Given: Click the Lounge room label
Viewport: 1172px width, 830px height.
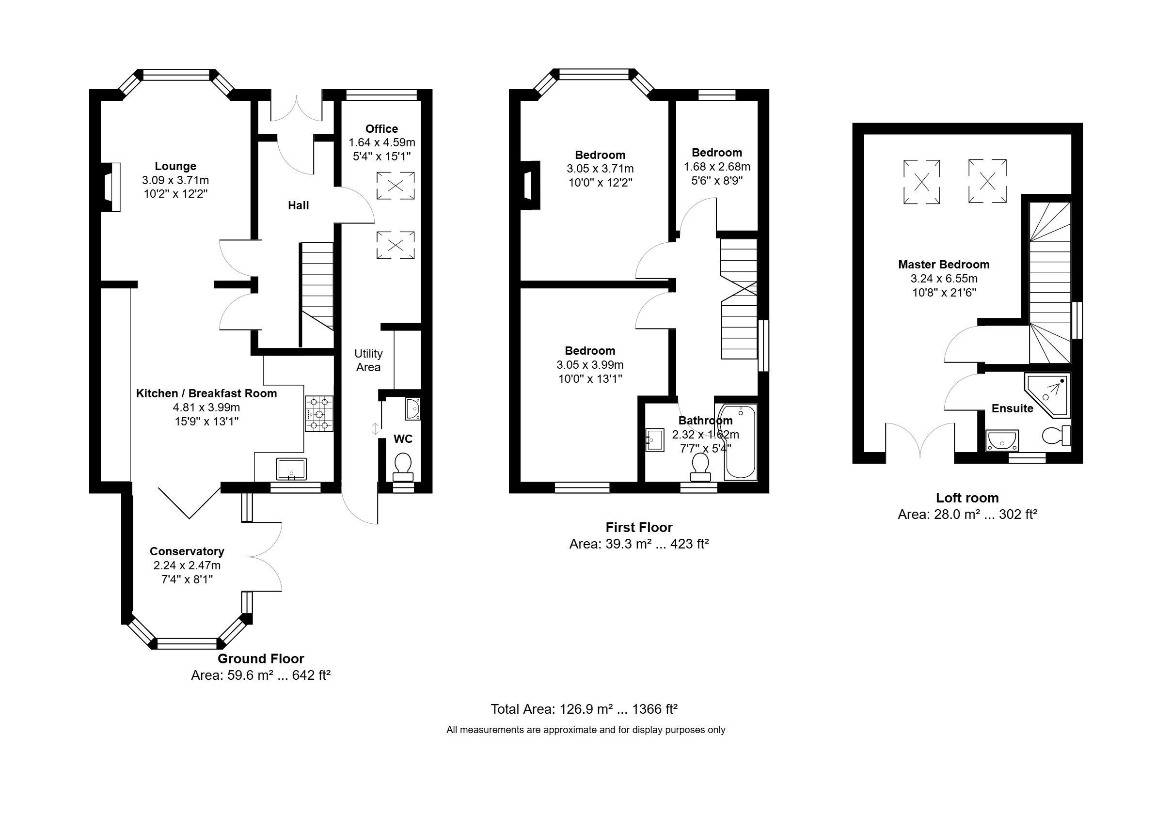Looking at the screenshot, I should pyautogui.click(x=175, y=166).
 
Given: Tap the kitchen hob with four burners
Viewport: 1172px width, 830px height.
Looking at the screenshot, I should pyautogui.click(x=319, y=414).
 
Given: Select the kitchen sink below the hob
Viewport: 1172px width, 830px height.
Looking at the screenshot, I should pyautogui.click(x=291, y=469).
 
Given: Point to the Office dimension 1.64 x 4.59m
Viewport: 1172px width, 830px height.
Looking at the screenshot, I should pyautogui.click(x=382, y=142).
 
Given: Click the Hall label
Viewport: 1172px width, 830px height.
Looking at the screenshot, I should pyautogui.click(x=298, y=205).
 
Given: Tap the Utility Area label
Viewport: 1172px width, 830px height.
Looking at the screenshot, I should pyautogui.click(x=368, y=360).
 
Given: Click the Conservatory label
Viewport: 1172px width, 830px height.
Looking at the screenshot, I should pyautogui.click(x=187, y=551).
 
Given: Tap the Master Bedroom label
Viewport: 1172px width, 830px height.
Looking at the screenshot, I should pyautogui.click(x=944, y=265).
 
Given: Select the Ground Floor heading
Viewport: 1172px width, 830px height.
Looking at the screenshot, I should pyautogui.click(x=261, y=659).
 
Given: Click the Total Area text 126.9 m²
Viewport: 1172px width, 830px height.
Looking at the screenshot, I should pyautogui.click(x=584, y=709).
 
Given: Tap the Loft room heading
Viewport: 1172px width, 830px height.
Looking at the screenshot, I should pyautogui.click(x=967, y=498).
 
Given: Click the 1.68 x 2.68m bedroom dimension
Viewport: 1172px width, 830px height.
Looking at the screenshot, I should pyautogui.click(x=716, y=167).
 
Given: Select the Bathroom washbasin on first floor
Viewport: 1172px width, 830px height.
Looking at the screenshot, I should pyautogui.click(x=654, y=440).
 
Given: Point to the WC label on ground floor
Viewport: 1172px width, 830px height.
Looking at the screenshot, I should pyautogui.click(x=403, y=439).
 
